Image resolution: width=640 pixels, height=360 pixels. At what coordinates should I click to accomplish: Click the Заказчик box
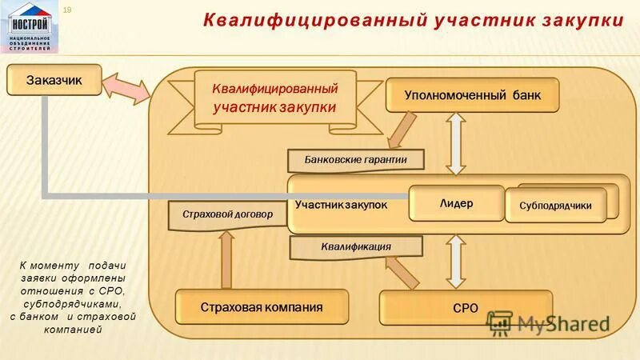pyautogui.click(x=54, y=80)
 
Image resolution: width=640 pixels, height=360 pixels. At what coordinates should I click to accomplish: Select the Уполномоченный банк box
pyautogui.click(x=472, y=95)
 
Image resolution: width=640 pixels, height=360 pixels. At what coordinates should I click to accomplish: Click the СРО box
pyautogui.click(x=465, y=307)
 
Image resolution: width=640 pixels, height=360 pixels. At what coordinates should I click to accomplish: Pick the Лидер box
pyautogui.click(x=456, y=203)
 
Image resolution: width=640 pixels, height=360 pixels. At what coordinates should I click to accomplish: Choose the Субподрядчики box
pyautogui.click(x=555, y=206)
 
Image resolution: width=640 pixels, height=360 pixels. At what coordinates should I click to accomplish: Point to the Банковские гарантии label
pyautogui.click(x=355, y=160)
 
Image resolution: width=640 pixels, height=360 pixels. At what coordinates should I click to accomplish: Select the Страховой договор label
pyautogui.click(x=227, y=214)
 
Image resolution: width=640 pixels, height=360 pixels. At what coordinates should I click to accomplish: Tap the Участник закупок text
pyautogui.click(x=341, y=206)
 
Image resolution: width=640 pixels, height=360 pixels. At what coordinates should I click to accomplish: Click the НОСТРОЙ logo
pyautogui.click(x=30, y=27)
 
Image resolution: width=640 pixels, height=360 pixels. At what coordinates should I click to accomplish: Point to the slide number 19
pyautogui.click(x=67, y=9)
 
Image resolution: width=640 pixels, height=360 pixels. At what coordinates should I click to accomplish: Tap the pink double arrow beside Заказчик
pyautogui.click(x=126, y=88)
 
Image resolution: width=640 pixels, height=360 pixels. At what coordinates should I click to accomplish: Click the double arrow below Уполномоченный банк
pyautogui.click(x=455, y=142)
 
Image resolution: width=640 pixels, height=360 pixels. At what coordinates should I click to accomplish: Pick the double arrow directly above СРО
pyautogui.click(x=455, y=262)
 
